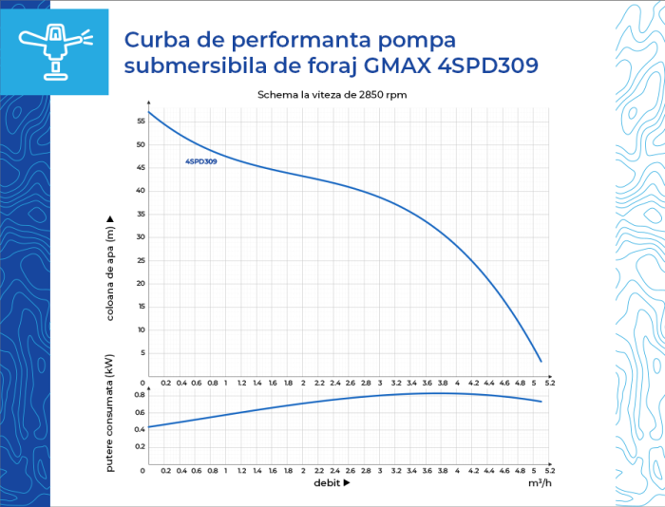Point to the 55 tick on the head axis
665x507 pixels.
pyautogui.click(x=140, y=122)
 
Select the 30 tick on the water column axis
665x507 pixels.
pyautogui.click(x=140, y=237)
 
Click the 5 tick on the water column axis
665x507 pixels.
pyautogui.click(x=142, y=353)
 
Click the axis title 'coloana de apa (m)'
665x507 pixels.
pyautogui.click(x=110, y=268)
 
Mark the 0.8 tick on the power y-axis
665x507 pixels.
pyautogui.click(x=138, y=395)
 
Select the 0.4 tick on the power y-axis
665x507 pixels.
pyautogui.click(x=138, y=429)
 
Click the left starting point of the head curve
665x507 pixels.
pyautogui.click(x=149, y=113)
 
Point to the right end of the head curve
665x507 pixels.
pyautogui.click(x=541, y=362)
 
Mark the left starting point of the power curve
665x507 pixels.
pyautogui.click(x=149, y=426)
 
